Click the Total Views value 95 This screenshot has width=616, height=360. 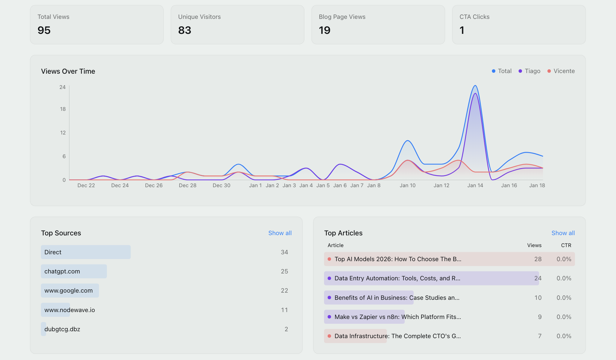(44, 30)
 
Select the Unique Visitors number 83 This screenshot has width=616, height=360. (185, 30)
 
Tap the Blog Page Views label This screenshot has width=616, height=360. (342, 17)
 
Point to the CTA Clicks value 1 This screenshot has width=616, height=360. (462, 30)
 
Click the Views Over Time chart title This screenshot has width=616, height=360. (68, 71)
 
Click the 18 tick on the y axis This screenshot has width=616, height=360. (63, 109)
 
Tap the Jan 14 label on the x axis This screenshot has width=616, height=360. (475, 185)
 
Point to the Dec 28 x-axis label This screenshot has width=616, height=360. (187, 185)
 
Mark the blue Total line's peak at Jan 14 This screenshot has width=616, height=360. (475, 86)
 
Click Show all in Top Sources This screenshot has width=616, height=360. (280, 233)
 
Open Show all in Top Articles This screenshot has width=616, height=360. (563, 233)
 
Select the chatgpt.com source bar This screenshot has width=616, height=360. (74, 271)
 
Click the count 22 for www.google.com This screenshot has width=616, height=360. (284, 291)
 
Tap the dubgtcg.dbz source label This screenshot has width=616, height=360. (62, 329)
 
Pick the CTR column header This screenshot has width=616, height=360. (566, 245)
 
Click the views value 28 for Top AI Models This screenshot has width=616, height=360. (538, 259)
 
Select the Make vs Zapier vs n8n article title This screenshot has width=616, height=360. (397, 317)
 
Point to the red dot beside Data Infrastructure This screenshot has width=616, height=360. (329, 336)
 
